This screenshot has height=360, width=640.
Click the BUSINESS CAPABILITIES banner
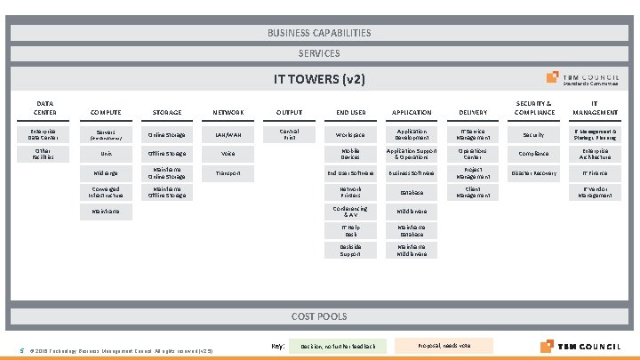point(319,33)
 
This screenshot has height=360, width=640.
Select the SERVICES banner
point(319,53)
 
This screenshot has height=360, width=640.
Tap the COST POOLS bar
point(319,316)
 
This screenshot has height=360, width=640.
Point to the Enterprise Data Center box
point(45,134)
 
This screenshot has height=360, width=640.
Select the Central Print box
point(289,134)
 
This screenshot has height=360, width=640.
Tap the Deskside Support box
point(350,250)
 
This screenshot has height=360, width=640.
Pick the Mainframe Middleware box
point(412,250)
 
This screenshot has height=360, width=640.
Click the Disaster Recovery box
point(533,172)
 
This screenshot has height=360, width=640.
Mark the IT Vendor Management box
point(595,191)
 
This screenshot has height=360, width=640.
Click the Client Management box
point(472,191)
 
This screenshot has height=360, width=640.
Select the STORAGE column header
point(166,113)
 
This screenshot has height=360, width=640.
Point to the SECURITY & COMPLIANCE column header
point(533,108)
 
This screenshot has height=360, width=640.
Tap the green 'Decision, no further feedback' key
point(338,345)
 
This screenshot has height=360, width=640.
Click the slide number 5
point(21,348)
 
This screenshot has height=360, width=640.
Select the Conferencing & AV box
point(350,211)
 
